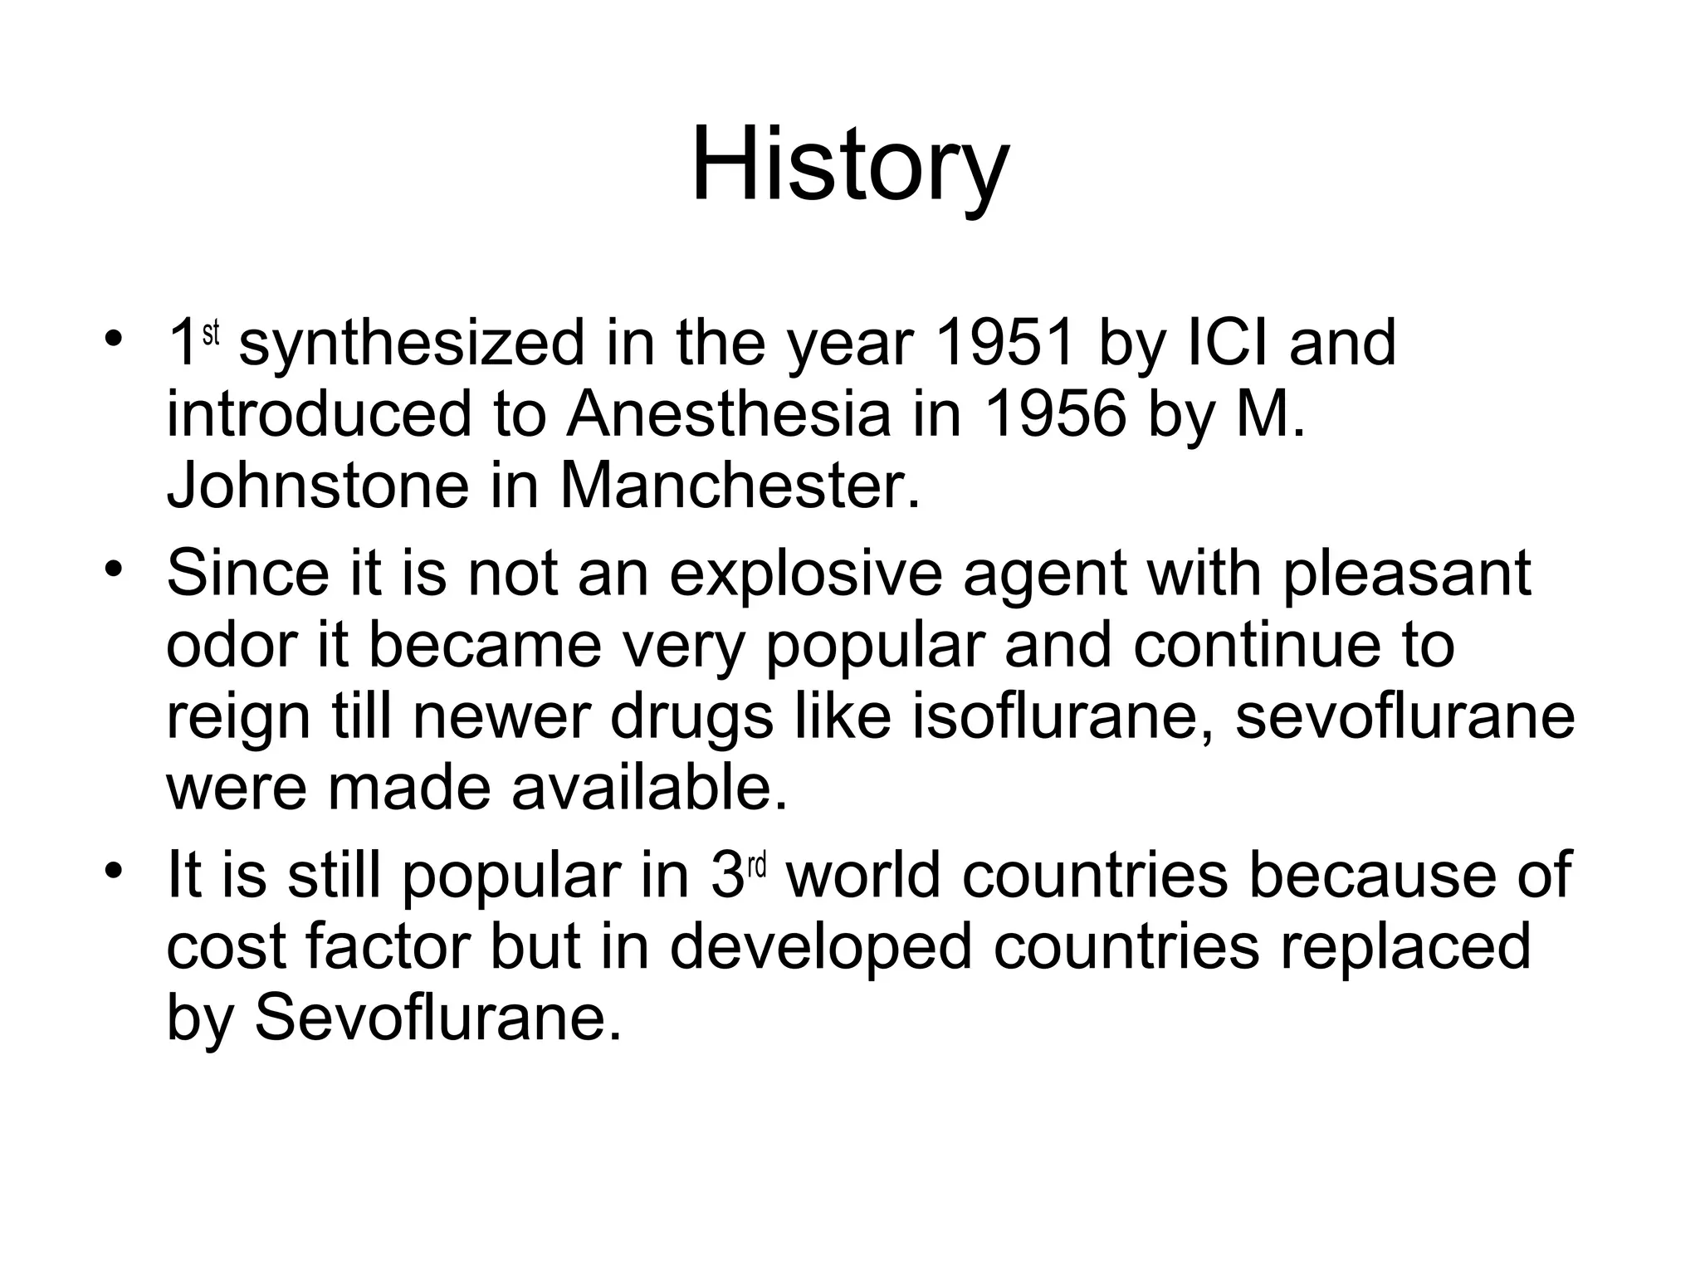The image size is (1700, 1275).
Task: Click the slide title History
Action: click(x=849, y=164)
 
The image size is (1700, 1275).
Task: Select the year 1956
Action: click(x=1055, y=414)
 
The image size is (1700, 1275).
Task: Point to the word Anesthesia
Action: click(x=728, y=414)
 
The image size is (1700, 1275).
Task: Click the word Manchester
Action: click(x=740, y=486)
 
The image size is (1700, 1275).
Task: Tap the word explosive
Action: click(x=805, y=574)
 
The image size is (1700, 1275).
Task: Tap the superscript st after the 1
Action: click(x=212, y=332)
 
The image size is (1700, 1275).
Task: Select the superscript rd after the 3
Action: click(x=755, y=866)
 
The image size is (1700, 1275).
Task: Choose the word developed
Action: click(x=820, y=947)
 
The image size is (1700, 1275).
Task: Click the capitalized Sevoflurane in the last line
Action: click(x=437, y=1017)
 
